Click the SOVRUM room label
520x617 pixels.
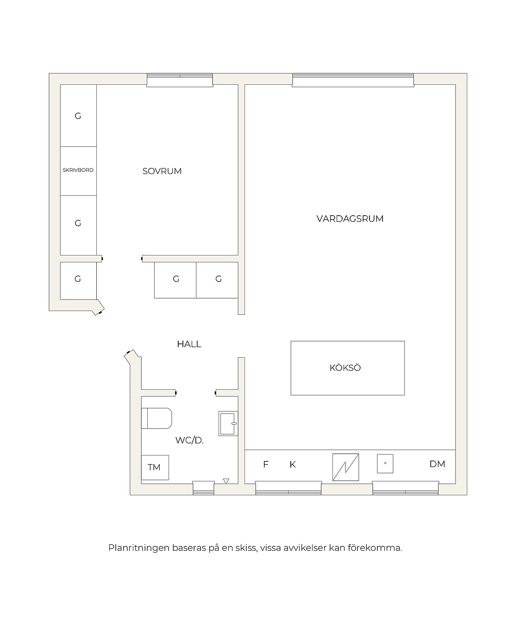162,171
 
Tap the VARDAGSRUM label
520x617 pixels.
350,218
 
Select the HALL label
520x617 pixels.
189,344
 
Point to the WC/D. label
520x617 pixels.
189,440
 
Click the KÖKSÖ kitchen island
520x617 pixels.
348,368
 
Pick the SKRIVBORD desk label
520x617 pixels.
78,170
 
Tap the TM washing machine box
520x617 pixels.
155,467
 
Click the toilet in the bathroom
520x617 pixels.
157,418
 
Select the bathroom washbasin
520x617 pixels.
228,424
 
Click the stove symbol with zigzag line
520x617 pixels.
345,467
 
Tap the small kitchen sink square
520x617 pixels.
385,464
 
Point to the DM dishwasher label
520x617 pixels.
437,464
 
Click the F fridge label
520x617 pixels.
265,465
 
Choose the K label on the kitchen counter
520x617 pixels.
292,465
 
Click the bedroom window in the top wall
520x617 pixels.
180,80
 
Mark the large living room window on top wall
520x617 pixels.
353,80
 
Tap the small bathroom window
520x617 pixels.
203,488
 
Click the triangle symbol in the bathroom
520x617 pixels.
226,481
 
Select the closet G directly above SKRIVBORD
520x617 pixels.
78,116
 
